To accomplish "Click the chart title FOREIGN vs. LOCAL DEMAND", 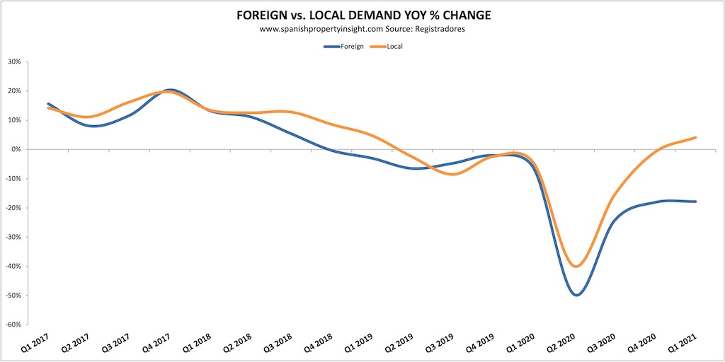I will click(x=362, y=16).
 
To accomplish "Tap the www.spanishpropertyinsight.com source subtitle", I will click(x=362, y=30).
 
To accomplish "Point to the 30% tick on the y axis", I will click(x=13, y=62).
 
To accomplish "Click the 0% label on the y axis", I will click(x=16, y=149).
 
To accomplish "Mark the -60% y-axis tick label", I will click(x=12, y=325).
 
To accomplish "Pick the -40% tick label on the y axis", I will click(x=12, y=267).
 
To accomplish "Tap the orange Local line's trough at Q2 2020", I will click(x=577, y=267).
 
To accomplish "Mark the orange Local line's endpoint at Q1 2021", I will click(x=696, y=137).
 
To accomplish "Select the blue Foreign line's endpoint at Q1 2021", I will click(x=696, y=202).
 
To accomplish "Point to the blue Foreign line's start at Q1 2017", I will click(x=48, y=104).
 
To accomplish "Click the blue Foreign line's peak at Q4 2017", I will click(x=171, y=90).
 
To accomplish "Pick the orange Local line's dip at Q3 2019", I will click(x=453, y=174).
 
